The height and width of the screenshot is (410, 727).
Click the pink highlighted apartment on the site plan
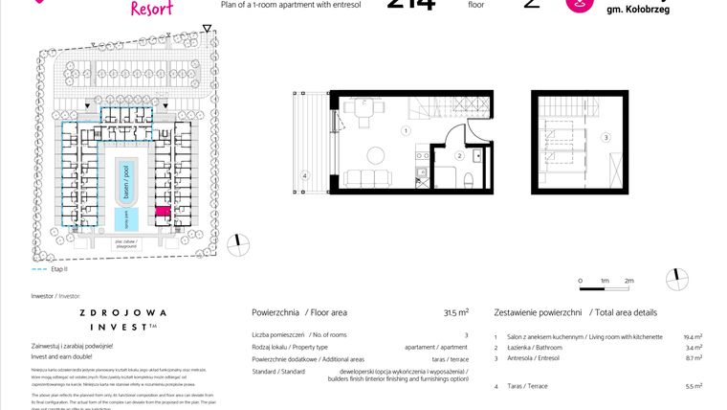[x=162, y=212]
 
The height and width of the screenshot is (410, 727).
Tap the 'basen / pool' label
[x=122, y=177]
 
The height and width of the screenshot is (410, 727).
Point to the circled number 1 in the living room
[x=406, y=130]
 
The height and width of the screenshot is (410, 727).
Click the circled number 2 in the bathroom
[x=459, y=155]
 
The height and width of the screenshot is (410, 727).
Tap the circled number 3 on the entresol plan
[x=605, y=138]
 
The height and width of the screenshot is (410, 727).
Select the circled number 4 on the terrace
[x=304, y=175]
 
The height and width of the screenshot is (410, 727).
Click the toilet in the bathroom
[x=466, y=180]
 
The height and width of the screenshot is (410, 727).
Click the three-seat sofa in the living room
[x=367, y=178]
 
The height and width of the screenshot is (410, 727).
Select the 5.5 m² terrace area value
[x=694, y=386]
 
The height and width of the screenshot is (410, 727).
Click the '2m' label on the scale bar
[x=628, y=280]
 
